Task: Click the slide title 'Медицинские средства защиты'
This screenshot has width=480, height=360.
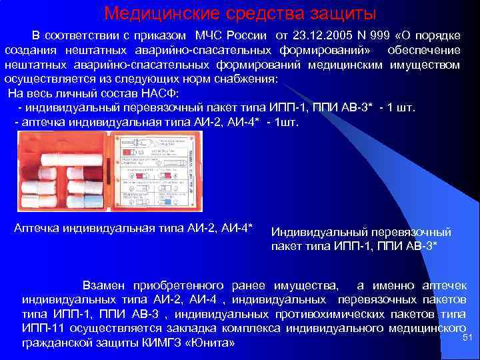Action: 240,13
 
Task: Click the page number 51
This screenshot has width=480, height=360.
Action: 467,338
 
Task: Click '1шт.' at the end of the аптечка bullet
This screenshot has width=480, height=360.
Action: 287,123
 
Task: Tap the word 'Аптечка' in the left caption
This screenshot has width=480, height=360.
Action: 37,228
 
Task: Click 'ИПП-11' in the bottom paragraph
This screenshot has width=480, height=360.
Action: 41,328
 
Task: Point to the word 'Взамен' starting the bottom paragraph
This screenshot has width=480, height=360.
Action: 103,285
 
